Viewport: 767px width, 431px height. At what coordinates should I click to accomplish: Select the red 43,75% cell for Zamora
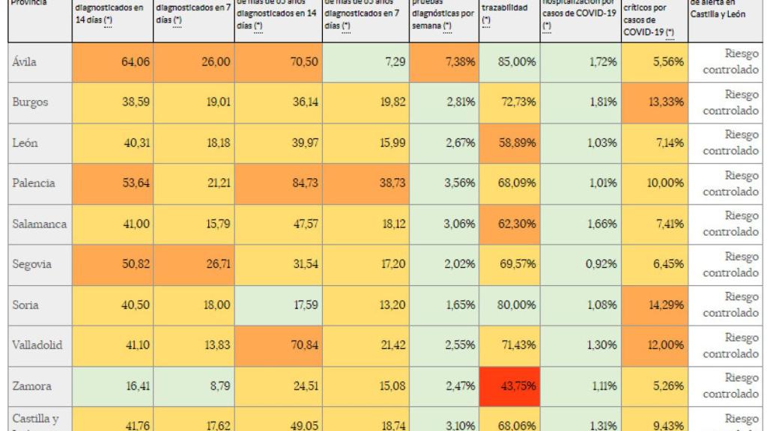(509, 387)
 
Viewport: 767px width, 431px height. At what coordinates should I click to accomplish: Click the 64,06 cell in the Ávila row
(112, 62)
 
